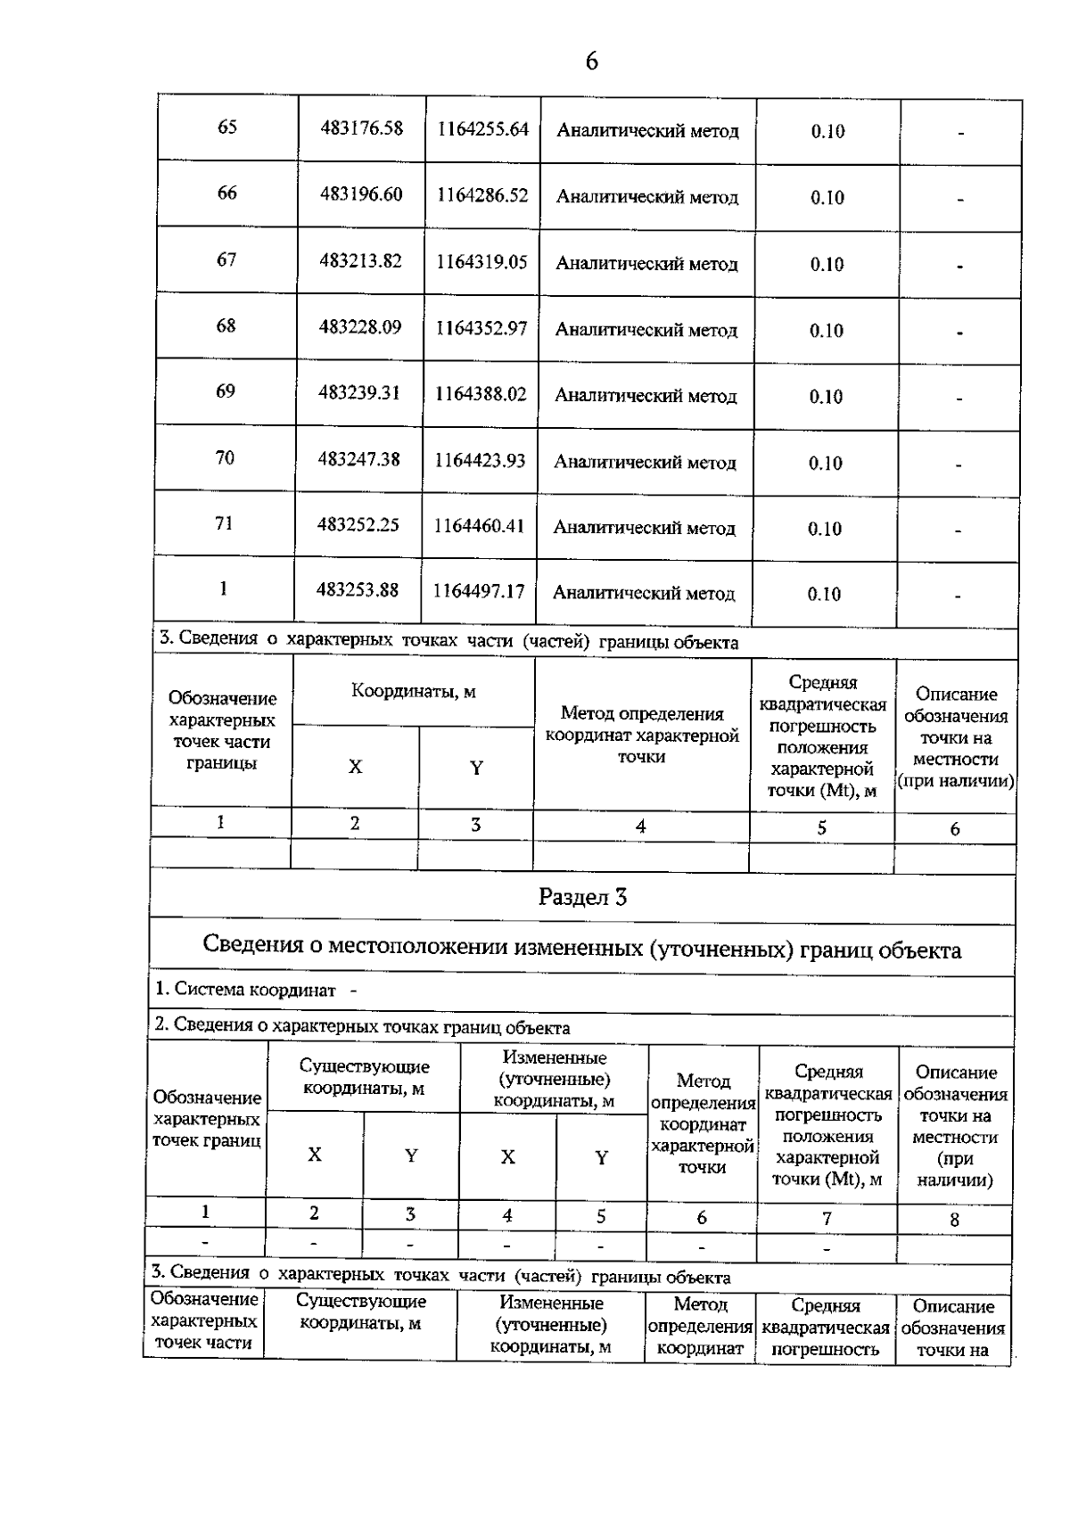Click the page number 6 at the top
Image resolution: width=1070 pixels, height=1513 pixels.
(591, 62)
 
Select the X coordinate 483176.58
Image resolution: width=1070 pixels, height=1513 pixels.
(361, 128)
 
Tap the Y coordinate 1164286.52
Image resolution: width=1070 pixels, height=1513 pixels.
(481, 195)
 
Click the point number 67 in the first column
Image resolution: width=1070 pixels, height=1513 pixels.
(226, 259)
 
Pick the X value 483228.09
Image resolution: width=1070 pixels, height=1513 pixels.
(359, 327)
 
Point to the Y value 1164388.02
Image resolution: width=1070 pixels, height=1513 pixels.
(481, 394)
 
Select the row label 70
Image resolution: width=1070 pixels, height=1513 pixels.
(225, 458)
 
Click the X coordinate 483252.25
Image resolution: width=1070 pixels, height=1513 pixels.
(358, 525)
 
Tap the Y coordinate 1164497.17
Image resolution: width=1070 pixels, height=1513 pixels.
(479, 591)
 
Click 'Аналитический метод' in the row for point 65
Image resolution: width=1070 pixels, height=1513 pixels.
(647, 131)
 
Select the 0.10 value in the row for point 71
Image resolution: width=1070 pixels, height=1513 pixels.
(825, 529)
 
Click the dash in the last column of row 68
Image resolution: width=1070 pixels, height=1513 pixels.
(959, 333)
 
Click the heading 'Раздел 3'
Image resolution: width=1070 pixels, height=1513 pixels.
(582, 897)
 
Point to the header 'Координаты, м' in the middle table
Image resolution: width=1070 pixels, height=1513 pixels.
(413, 692)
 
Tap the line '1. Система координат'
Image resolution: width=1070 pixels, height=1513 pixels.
(246, 990)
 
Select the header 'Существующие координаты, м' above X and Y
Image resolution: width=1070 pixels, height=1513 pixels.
(364, 1077)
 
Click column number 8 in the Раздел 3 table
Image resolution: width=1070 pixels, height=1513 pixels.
(954, 1220)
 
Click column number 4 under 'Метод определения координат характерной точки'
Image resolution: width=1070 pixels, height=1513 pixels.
(640, 826)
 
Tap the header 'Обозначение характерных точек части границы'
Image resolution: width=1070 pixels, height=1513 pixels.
(222, 730)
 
